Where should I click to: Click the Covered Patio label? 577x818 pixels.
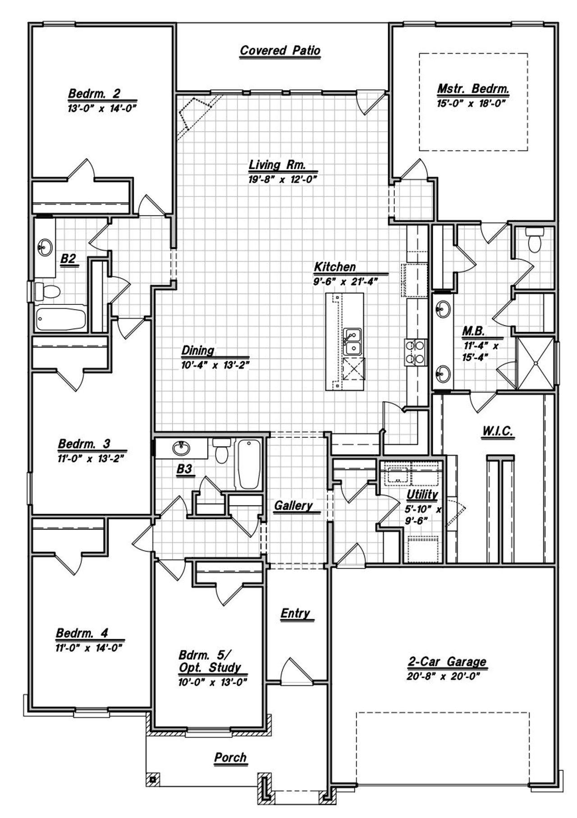pyautogui.click(x=279, y=50)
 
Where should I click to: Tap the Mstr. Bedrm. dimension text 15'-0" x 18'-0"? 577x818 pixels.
pyautogui.click(x=471, y=103)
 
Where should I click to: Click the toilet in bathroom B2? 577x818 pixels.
pyautogui.click(x=46, y=291)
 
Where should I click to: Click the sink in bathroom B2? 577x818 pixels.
pyautogui.click(x=45, y=247)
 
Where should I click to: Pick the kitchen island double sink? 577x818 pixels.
pyautogui.click(x=352, y=341)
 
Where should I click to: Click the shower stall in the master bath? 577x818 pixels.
pyautogui.click(x=535, y=363)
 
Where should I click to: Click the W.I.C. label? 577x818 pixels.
pyautogui.click(x=498, y=431)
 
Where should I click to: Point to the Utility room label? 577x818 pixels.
pyautogui.click(x=422, y=495)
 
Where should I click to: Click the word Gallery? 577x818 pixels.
pyautogui.click(x=293, y=506)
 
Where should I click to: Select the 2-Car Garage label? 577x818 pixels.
pyautogui.click(x=447, y=662)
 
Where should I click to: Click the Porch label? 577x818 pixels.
pyautogui.click(x=230, y=758)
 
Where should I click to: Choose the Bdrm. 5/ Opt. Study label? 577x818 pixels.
pyautogui.click(x=210, y=661)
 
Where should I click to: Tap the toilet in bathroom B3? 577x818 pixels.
pyautogui.click(x=221, y=451)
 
